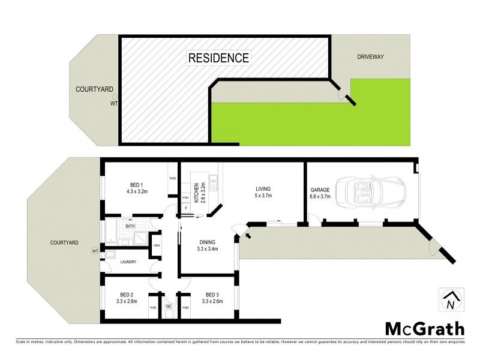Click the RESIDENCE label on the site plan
pyautogui.click(x=218, y=58)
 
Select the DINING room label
pyautogui.click(x=208, y=242)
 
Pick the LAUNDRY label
pyautogui.click(x=128, y=262)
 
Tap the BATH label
pyautogui.click(x=130, y=226)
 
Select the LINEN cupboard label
pyautogui.click(x=156, y=245)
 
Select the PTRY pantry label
pyautogui.click(x=185, y=198)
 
